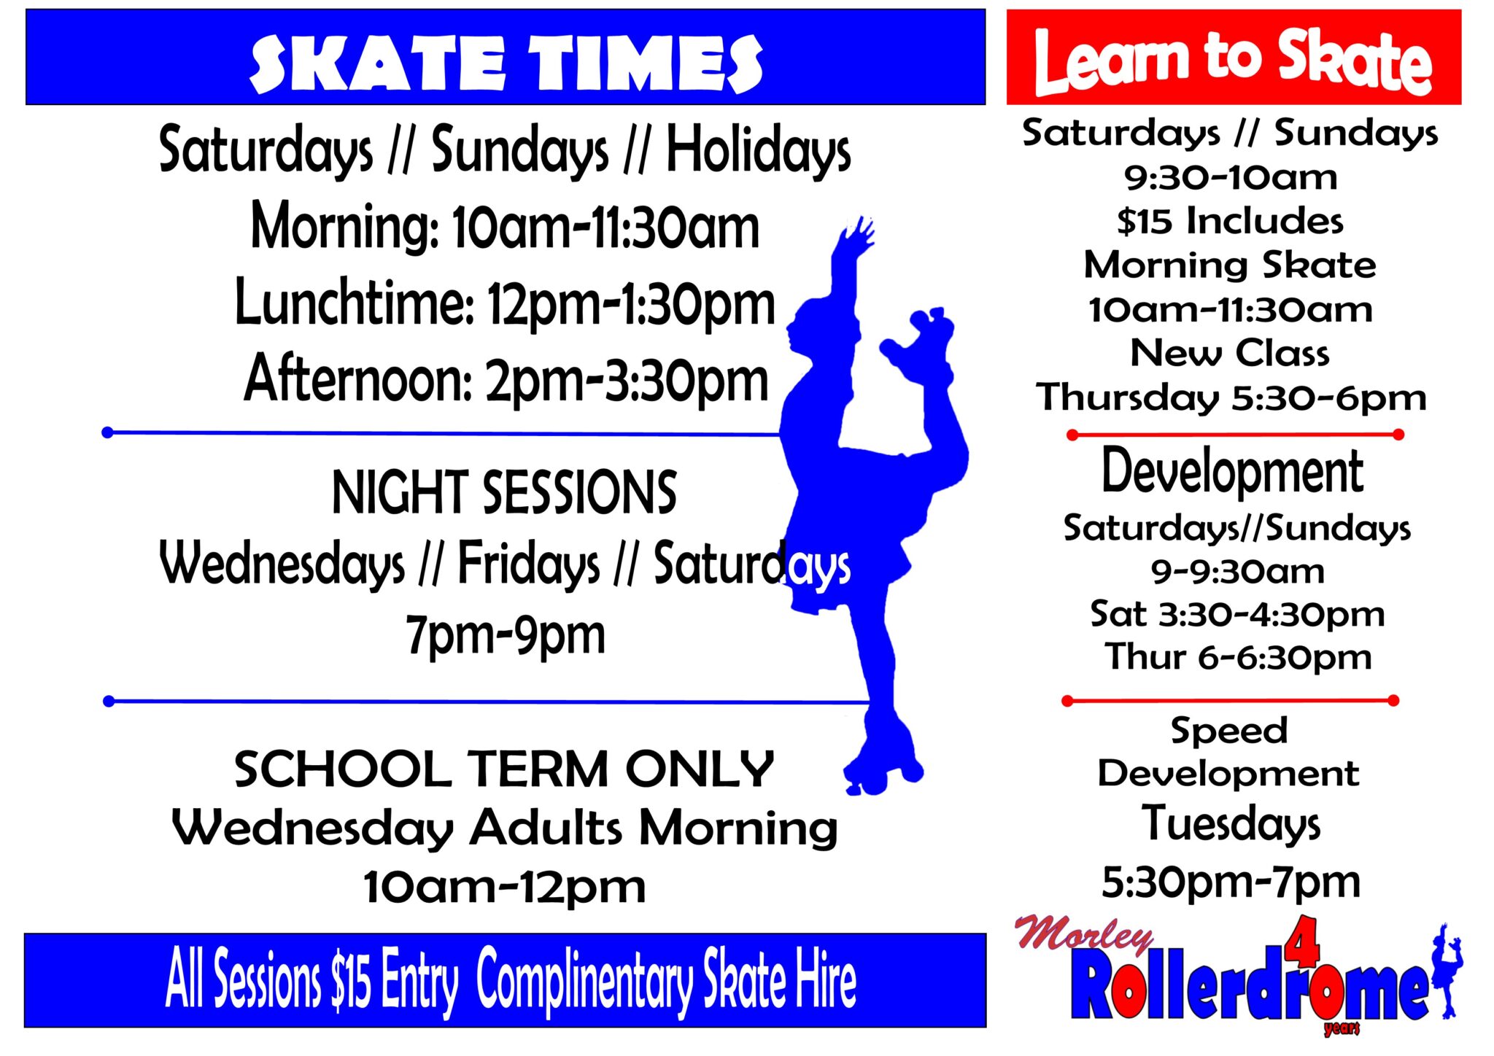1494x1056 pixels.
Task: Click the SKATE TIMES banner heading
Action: [x=506, y=63]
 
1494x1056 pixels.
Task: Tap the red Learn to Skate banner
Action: [x=1234, y=57]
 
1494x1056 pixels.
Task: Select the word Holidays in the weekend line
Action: [x=759, y=150]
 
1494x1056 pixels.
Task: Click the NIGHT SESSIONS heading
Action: [x=504, y=492]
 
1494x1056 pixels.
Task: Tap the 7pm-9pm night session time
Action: [x=506, y=635]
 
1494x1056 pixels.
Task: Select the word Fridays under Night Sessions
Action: [x=528, y=564]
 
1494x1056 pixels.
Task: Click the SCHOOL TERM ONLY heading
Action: [x=504, y=769]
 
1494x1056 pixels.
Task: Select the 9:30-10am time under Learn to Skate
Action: [x=1231, y=177]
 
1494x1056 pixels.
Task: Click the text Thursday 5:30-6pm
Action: [x=1231, y=398]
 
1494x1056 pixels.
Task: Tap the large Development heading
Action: [x=1232, y=472]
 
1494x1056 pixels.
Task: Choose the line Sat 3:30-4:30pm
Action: [x=1237, y=614]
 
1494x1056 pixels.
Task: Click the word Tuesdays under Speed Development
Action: [x=1231, y=825]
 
